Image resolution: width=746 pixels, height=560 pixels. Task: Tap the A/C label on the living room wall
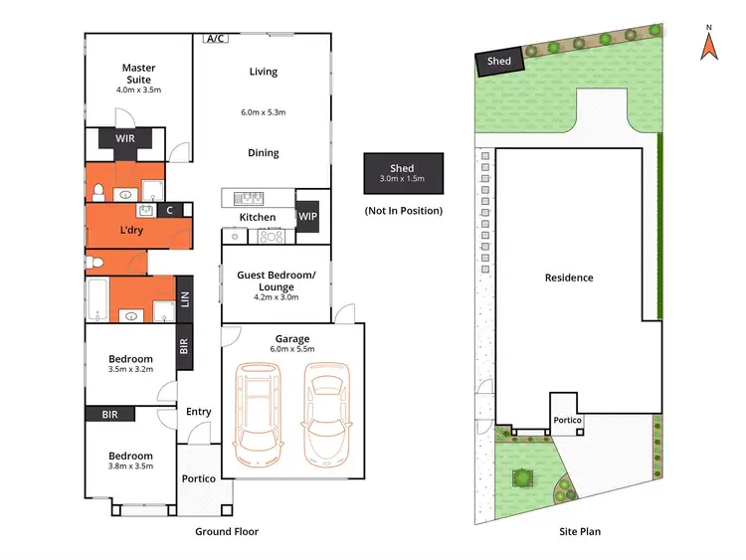pyautogui.click(x=214, y=39)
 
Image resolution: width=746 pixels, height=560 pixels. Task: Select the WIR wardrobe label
pyautogui.click(x=125, y=139)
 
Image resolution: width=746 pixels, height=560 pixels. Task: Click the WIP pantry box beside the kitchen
pyautogui.click(x=308, y=216)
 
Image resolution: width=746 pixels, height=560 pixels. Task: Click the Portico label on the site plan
pyautogui.click(x=568, y=421)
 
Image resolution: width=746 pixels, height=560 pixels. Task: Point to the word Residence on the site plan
pyautogui.click(x=568, y=278)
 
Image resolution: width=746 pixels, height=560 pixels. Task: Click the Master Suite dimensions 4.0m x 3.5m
pyautogui.click(x=138, y=90)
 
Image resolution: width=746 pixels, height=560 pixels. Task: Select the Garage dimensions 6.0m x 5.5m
pyautogui.click(x=292, y=349)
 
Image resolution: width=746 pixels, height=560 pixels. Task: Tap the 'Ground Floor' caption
pyautogui.click(x=226, y=532)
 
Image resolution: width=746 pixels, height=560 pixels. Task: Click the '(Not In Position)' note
pyautogui.click(x=403, y=211)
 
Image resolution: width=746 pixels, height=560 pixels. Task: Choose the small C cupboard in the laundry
pyautogui.click(x=170, y=210)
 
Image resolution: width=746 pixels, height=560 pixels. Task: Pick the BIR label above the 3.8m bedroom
pyautogui.click(x=110, y=414)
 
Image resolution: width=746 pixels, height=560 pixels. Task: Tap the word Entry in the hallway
pyautogui.click(x=199, y=412)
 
